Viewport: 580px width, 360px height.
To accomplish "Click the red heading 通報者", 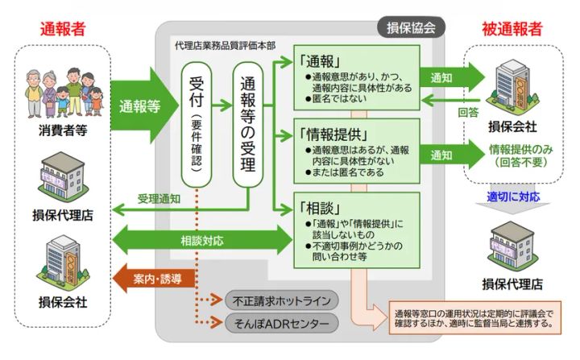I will pos(62,28).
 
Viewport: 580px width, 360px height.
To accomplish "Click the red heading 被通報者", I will pos(512,28).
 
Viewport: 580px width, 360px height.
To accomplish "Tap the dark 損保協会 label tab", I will pos(410,27).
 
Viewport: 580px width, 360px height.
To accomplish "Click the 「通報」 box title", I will pos(322,60).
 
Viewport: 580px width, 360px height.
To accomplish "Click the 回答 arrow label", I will pos(469,112).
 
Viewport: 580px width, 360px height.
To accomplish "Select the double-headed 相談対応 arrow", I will pos(202,240).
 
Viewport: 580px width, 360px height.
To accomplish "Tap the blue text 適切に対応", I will pos(513,196).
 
